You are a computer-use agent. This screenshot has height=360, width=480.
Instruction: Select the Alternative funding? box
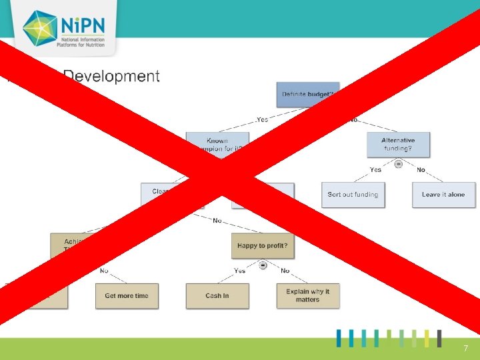point(398,144)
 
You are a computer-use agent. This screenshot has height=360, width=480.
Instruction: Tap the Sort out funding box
point(353,195)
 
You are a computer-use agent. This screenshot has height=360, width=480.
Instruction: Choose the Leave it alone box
point(443,195)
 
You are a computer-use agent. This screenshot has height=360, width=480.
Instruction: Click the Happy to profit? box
point(262,246)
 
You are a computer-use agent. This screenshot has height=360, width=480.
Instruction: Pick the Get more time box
point(127,296)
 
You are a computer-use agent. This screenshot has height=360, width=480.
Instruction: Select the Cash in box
point(217,296)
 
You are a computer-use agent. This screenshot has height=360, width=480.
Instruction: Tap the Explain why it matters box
point(307,296)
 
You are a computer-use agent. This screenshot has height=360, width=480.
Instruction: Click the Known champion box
point(217,143)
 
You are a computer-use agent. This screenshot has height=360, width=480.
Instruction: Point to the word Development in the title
point(111,76)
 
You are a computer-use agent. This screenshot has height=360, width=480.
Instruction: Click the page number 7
point(466,349)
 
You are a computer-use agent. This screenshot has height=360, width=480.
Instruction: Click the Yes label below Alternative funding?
point(376,170)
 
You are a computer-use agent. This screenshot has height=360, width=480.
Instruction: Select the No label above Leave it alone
point(421,170)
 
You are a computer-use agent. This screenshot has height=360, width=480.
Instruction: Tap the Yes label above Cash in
point(240,271)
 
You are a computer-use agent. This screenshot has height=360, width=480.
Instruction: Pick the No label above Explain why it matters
point(285,271)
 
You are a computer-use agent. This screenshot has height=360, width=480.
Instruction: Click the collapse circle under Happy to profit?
point(263,265)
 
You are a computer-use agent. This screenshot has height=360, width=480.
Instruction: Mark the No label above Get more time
point(105,271)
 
